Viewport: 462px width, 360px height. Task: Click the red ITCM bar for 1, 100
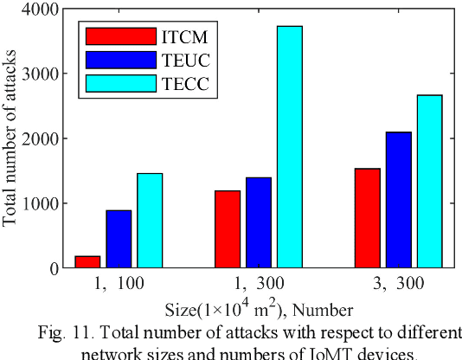88,261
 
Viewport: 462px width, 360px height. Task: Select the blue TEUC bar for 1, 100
119,239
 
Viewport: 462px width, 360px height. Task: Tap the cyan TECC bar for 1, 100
149,221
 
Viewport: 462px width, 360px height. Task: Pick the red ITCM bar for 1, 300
228,229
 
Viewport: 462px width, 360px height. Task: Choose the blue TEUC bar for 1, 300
259,222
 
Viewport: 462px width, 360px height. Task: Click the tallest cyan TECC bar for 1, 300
289,147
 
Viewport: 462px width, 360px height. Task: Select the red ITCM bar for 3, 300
368,218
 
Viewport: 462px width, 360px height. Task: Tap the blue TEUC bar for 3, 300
398,200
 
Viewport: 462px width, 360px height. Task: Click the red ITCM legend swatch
120,36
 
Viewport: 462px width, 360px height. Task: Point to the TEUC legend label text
185,60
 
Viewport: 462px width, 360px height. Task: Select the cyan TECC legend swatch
120,83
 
